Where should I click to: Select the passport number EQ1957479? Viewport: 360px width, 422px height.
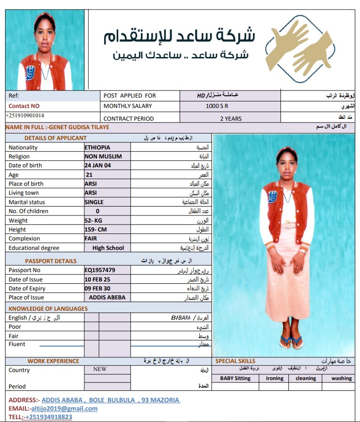100,270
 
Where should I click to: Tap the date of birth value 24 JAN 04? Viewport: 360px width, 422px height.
98,165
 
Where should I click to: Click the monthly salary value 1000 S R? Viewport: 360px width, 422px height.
217,106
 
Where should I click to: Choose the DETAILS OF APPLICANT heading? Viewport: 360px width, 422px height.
56,138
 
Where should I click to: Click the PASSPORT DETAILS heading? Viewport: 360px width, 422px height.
51,261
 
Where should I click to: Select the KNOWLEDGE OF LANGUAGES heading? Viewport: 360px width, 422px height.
48,309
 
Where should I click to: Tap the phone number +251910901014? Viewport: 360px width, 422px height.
25,116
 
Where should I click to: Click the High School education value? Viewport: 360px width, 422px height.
108,248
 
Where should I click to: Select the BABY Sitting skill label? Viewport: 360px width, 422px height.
235,378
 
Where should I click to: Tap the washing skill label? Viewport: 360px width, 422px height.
341,378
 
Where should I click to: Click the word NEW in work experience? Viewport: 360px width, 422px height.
100,369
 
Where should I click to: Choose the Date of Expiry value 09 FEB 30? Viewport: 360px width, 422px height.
98,289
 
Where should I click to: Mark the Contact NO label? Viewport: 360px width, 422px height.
24,106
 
